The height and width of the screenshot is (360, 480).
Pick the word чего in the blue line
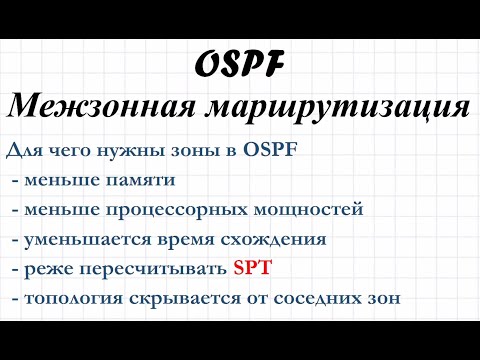[x=83, y=151]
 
